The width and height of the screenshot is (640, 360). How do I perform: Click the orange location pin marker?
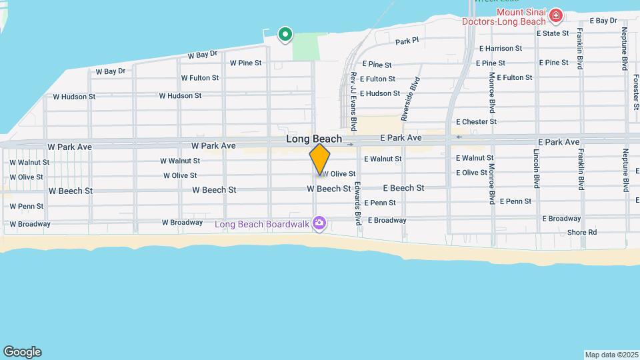coord(320,159)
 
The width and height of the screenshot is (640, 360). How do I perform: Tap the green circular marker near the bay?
coord(285,33)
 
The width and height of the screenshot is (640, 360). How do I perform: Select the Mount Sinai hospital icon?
coord(555,15)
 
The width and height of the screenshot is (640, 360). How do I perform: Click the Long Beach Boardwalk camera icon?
coord(319,223)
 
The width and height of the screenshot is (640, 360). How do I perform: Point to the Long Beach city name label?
coord(314,139)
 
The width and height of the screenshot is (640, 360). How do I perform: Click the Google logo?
coord(22,352)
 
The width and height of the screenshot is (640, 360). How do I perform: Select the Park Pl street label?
coord(407,41)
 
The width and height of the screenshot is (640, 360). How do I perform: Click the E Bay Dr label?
coord(603,21)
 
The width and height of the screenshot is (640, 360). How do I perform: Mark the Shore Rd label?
coord(582,233)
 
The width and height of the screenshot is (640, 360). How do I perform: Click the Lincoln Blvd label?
coord(536,168)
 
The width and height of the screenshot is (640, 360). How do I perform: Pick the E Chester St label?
coord(477,122)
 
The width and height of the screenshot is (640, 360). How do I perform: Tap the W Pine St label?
coord(246,63)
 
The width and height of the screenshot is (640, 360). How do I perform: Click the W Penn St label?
coord(27,207)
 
